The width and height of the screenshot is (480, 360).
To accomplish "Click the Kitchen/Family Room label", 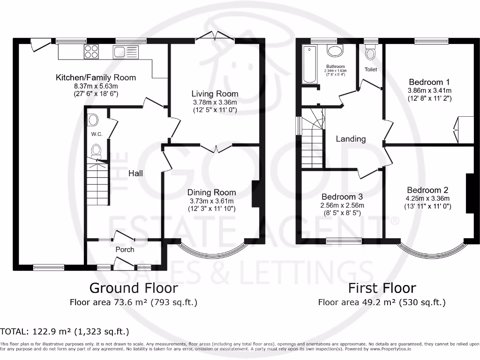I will click(x=96, y=77).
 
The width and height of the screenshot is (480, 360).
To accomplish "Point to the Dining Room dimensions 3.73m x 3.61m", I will click(x=211, y=201).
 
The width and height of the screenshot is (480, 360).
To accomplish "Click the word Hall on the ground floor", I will click(x=136, y=173).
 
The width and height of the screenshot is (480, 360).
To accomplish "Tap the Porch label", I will click(x=125, y=249).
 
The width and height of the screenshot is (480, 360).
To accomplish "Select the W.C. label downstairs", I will click(x=97, y=134).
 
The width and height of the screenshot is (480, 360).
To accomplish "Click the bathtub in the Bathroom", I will click(x=309, y=64).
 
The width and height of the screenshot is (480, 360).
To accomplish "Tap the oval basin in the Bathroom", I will click(x=335, y=51).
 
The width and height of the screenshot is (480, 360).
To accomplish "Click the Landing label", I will click(x=351, y=139).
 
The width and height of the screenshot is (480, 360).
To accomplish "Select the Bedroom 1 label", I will click(x=429, y=82).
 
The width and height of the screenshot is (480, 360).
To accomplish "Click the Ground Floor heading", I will click(x=134, y=287).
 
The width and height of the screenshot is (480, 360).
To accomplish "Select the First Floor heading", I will click(x=382, y=287).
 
